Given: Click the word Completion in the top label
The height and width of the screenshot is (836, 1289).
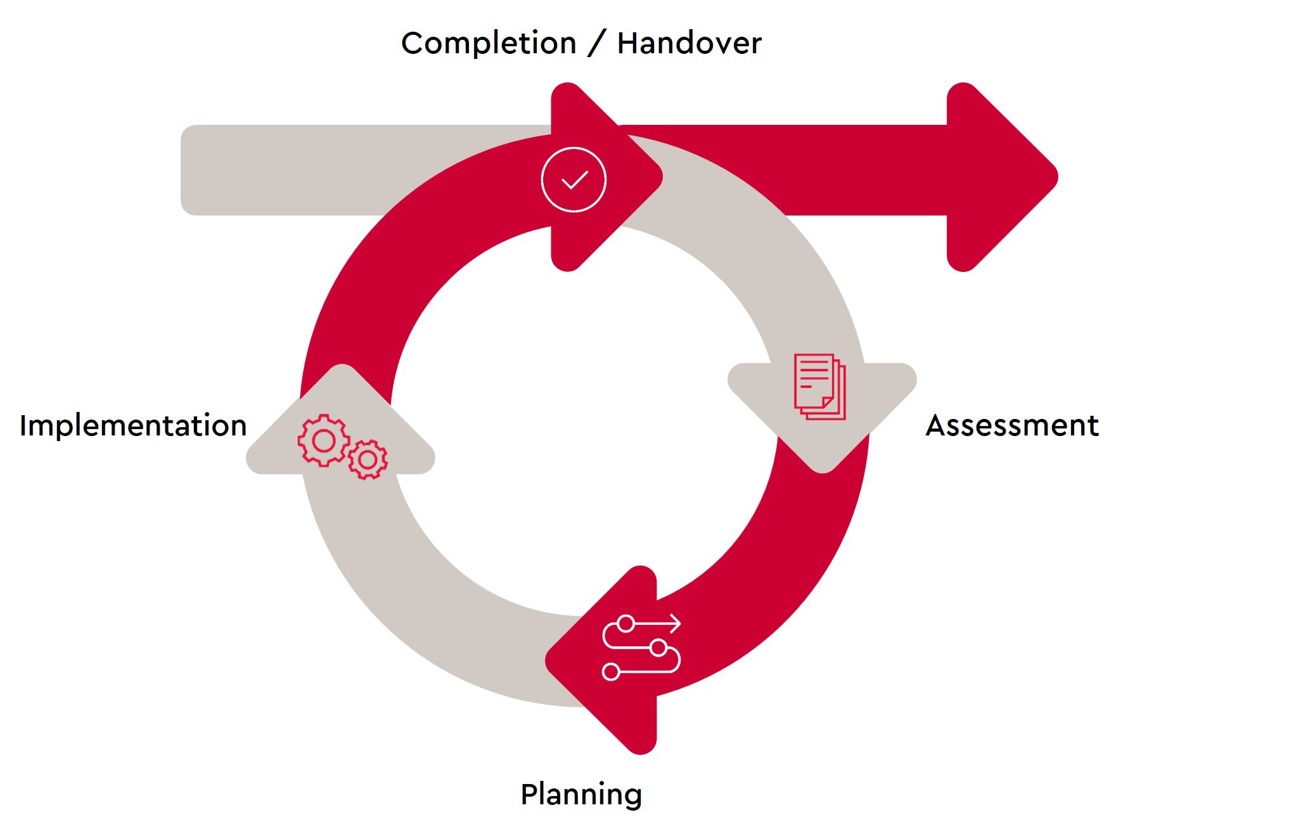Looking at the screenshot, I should pyautogui.click(x=489, y=44).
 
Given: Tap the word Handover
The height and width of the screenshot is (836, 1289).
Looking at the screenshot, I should pyautogui.click(x=689, y=44).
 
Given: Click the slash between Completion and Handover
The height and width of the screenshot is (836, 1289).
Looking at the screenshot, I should pyautogui.click(x=596, y=44).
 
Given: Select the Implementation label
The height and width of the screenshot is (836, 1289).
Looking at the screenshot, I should pyautogui.click(x=133, y=425).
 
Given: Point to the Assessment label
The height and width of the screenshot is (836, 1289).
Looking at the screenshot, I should pyautogui.click(x=1012, y=425).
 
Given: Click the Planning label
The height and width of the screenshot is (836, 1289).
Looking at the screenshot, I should pyautogui.click(x=581, y=795).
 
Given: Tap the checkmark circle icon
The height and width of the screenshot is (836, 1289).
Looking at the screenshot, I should pyautogui.click(x=574, y=179).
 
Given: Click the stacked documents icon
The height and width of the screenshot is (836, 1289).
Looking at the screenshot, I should pyautogui.click(x=819, y=387).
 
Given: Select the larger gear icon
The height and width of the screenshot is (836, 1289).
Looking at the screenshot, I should pyautogui.click(x=323, y=441).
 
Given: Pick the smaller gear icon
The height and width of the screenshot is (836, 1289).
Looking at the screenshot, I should pyautogui.click(x=368, y=460).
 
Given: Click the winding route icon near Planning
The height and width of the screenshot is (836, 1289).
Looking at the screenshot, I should pyautogui.click(x=641, y=648).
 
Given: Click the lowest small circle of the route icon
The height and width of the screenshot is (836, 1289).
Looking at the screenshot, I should pyautogui.click(x=611, y=672).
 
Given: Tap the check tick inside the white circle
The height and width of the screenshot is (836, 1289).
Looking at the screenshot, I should pyautogui.click(x=574, y=181).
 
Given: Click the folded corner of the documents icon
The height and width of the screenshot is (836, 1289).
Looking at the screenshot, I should pyautogui.click(x=828, y=402).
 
